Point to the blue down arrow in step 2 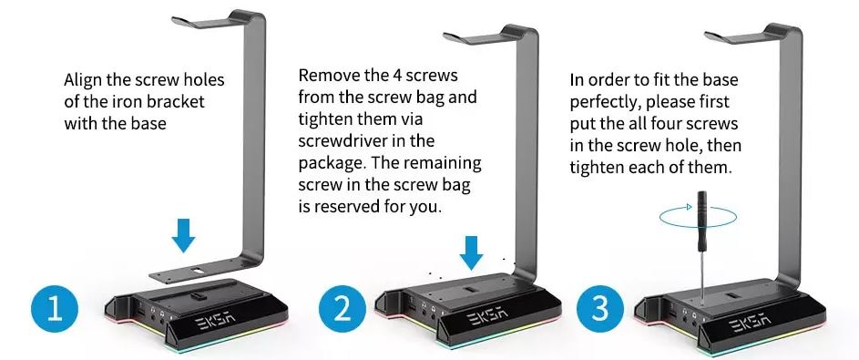pyautogui.click(x=471, y=253)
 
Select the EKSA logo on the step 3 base pyautogui.click(x=752, y=323)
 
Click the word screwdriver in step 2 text pyautogui.click(x=344, y=141)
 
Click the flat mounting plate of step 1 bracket pyautogui.click(x=190, y=271)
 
